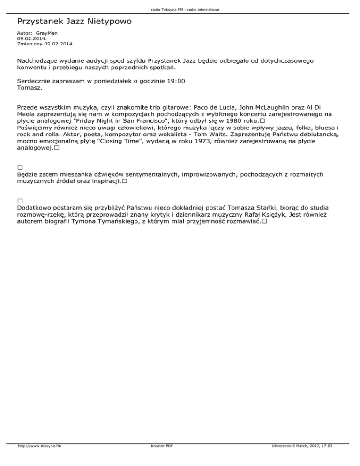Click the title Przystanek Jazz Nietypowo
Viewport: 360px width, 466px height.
(74, 22)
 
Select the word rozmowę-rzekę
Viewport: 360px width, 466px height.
(40, 213)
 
